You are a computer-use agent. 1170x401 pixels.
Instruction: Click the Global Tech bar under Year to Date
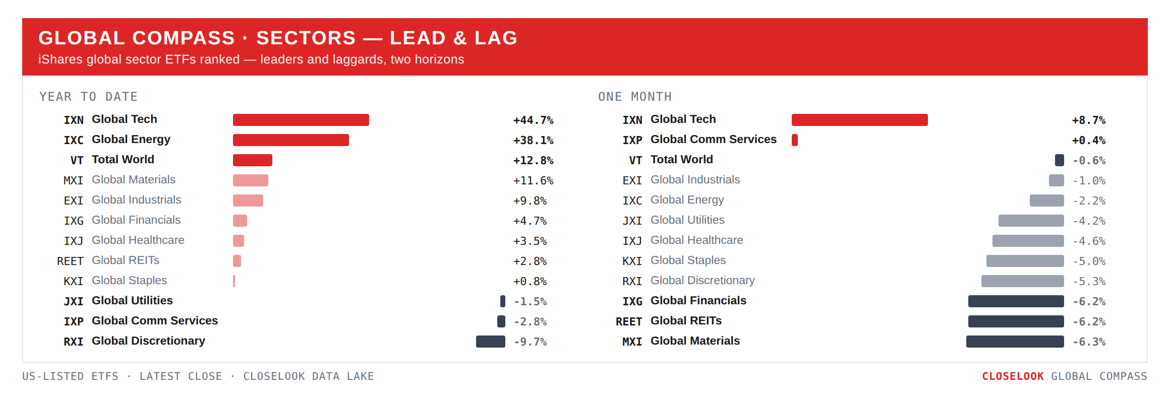301,120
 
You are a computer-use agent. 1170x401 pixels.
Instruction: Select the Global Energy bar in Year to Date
291,140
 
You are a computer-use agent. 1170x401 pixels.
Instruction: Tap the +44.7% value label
533,120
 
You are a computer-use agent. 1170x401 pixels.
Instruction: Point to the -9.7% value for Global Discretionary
530,342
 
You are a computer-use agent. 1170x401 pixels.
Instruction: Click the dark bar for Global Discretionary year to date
491,342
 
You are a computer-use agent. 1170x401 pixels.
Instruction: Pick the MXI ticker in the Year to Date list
73,180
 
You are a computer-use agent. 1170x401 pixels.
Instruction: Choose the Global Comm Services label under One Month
714,140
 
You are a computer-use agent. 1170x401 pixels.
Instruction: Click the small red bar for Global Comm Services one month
795,140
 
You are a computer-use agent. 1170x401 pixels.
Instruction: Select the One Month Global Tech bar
860,120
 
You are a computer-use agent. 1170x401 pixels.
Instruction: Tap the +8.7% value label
1089,120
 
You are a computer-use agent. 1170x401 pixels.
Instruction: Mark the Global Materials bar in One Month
1015,342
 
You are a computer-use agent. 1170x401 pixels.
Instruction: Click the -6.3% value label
1089,342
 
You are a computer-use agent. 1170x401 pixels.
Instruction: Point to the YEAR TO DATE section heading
89,97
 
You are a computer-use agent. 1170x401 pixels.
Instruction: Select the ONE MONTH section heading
635,97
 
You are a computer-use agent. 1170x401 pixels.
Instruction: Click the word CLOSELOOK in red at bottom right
1013,376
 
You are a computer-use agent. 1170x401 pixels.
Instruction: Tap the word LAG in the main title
496,38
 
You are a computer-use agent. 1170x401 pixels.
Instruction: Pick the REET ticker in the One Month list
629,321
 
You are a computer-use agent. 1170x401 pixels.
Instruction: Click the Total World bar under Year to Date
253,160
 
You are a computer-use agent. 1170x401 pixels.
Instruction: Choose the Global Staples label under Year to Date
129,281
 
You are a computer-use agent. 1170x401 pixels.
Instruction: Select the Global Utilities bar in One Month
1031,221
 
